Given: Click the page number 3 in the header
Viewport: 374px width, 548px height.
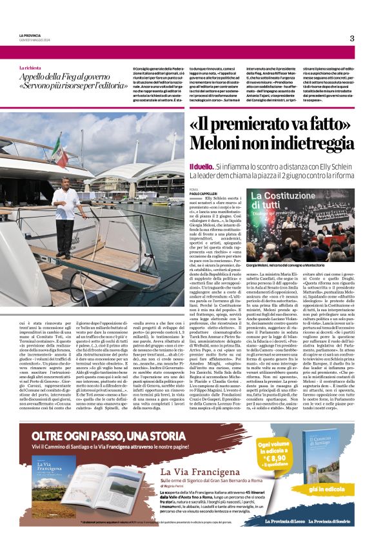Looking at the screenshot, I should (351, 38).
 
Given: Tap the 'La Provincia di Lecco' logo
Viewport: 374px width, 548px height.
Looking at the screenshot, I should (286, 538).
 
